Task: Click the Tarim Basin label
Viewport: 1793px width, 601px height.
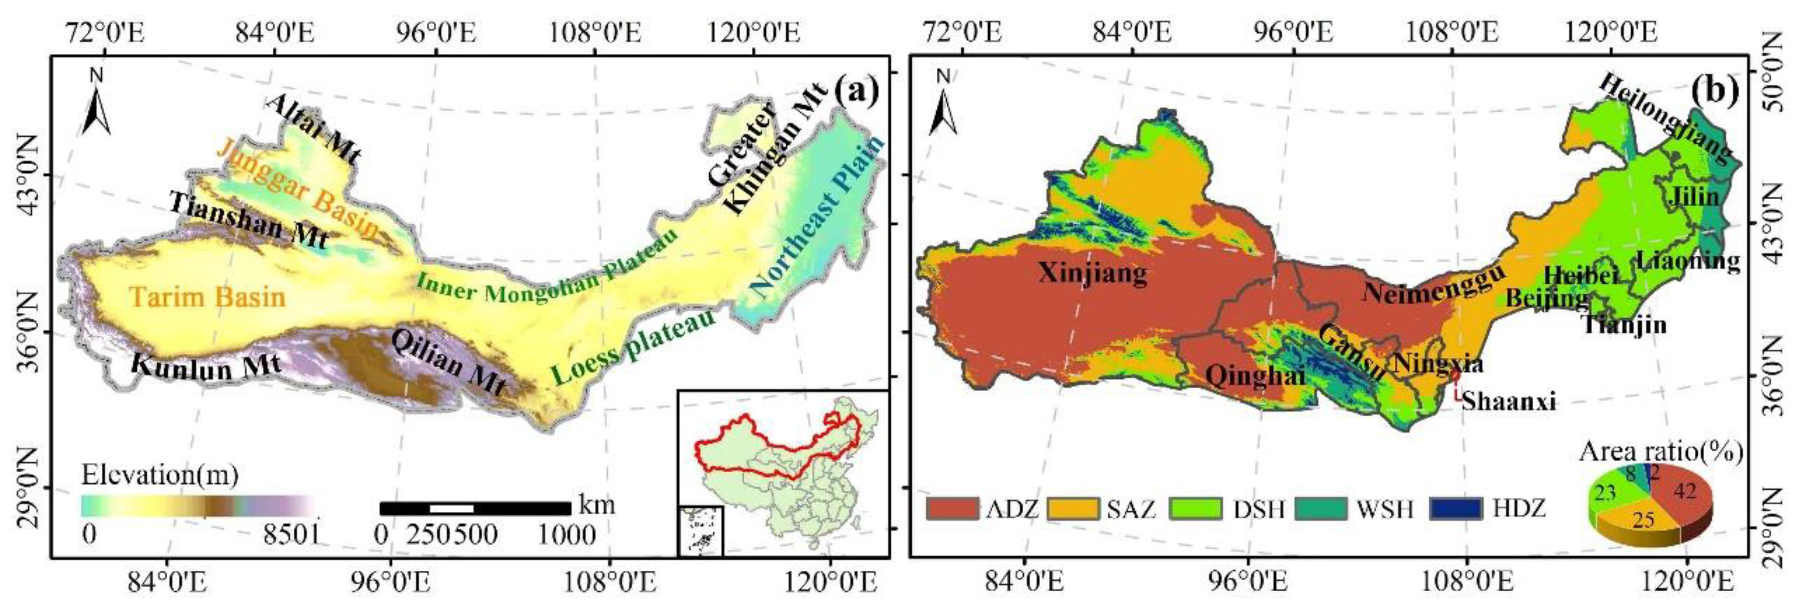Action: coord(207,297)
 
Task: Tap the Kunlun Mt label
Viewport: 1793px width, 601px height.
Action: coord(206,366)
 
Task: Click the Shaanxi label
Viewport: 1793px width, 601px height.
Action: coord(1508,401)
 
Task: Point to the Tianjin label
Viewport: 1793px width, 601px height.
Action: coord(1625,324)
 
